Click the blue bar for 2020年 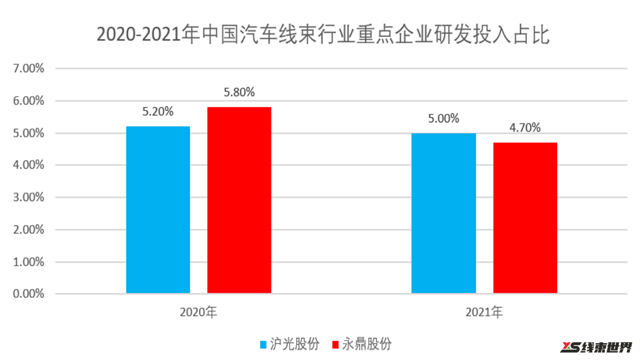[158, 210]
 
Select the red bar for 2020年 [239, 200]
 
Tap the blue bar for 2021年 [443, 213]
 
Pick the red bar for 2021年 [525, 218]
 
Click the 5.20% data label [158, 112]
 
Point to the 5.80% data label [239, 92]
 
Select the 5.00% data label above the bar [443, 119]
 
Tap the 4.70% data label [525, 127]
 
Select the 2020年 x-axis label [199, 313]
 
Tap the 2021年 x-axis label [484, 313]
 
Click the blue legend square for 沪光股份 [264, 345]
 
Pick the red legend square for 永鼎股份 [335, 345]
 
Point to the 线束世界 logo [596, 347]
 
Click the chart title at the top [323, 35]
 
